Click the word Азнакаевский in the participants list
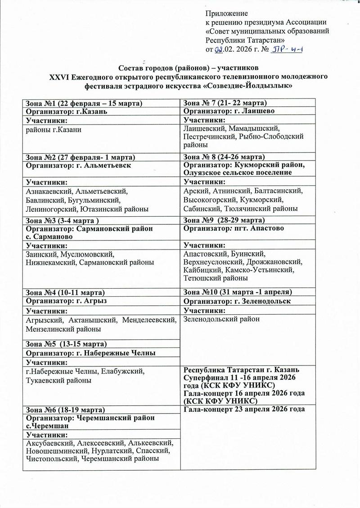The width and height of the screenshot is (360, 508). coord(49,191)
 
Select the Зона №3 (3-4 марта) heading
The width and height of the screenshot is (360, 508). coord(62,220)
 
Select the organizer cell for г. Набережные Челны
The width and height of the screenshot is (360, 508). coord(91,353)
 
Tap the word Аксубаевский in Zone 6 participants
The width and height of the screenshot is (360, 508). coord(49,443)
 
